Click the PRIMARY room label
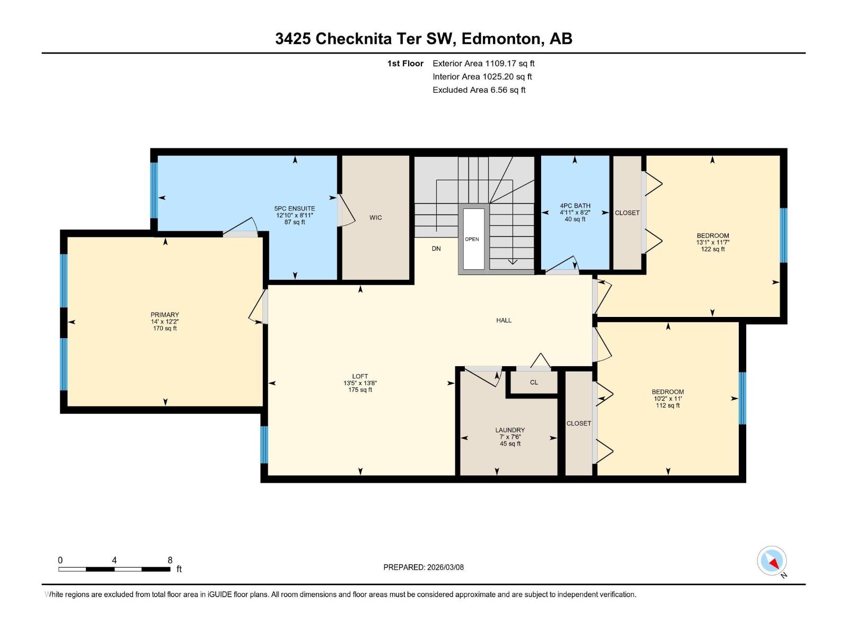(164, 315)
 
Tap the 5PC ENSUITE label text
(295, 209)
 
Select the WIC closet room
(375, 218)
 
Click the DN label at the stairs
(436, 249)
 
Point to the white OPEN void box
(473, 239)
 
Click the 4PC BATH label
(575, 206)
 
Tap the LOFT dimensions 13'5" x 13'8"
(360, 383)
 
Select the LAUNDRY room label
(510, 430)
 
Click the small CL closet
(534, 383)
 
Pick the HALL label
(503, 321)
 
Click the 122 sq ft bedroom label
(712, 242)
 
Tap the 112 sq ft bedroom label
(667, 399)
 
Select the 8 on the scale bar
(170, 560)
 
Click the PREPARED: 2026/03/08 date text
(423, 567)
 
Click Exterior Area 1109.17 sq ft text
(483, 64)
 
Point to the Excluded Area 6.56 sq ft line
(479, 90)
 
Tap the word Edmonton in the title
(502, 39)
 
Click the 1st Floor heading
(405, 64)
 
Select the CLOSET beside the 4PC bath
(627, 213)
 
